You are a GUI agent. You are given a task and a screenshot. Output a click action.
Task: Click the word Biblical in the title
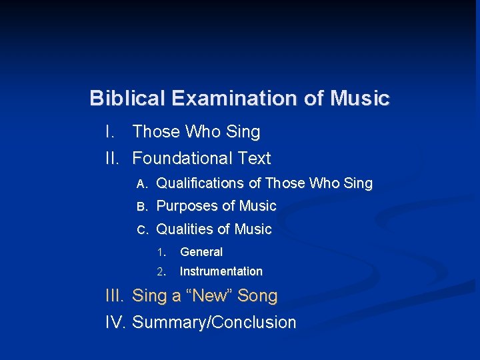point(127,99)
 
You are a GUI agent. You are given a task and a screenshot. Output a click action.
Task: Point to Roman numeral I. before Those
point(111,132)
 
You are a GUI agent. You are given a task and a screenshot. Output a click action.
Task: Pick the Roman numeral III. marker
point(117,295)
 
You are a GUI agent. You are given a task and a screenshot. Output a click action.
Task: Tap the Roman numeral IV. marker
point(117,323)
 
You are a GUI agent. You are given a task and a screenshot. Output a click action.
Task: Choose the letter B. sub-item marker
point(141,207)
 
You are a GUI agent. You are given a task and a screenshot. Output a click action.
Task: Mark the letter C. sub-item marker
point(141,230)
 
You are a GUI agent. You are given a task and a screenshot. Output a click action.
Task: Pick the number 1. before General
point(161,253)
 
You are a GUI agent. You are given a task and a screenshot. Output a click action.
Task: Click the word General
point(201,252)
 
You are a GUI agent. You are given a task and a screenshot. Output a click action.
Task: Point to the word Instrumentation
point(221,271)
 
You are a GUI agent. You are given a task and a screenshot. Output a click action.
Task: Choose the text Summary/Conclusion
point(214,323)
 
